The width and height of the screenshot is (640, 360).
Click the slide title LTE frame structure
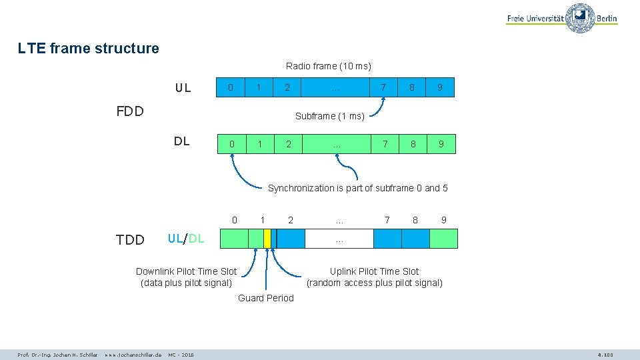[x=89, y=48]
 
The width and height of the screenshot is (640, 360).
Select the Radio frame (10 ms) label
[x=328, y=66]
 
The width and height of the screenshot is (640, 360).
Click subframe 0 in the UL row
[x=231, y=87]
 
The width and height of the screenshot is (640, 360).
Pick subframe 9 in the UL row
[x=440, y=87]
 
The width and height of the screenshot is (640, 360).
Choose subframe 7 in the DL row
[x=384, y=144]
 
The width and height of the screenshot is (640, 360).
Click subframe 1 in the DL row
[x=260, y=144]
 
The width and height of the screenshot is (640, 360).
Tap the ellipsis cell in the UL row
[x=336, y=87]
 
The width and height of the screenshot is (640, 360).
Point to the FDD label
[x=130, y=111]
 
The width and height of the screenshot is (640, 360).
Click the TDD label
[x=130, y=240]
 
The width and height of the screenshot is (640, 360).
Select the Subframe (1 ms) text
[x=329, y=116]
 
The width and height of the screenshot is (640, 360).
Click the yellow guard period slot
[x=267, y=239]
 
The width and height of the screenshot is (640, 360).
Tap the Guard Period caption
[x=265, y=298]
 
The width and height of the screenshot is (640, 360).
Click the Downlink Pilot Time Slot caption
[x=186, y=277]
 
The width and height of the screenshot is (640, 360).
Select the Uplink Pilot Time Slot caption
[x=374, y=277]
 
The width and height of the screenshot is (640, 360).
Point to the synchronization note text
[x=357, y=188]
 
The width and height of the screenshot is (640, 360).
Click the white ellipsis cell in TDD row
[x=339, y=239]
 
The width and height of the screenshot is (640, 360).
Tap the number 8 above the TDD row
[x=415, y=220]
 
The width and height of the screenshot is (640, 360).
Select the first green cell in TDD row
[x=234, y=239]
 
